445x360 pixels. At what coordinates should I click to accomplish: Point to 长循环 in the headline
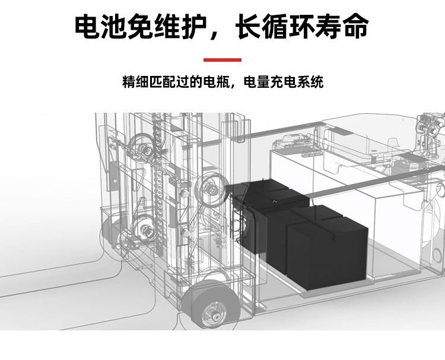[274, 27]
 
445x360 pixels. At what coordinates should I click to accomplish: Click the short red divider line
[223, 60]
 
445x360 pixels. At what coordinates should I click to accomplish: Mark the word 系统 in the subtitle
[311, 82]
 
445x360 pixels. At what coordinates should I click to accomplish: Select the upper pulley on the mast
[141, 145]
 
